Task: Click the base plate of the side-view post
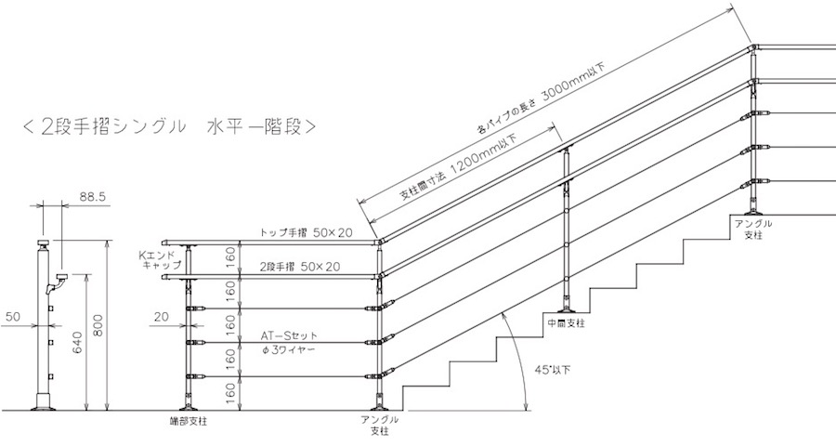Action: click(42, 405)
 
